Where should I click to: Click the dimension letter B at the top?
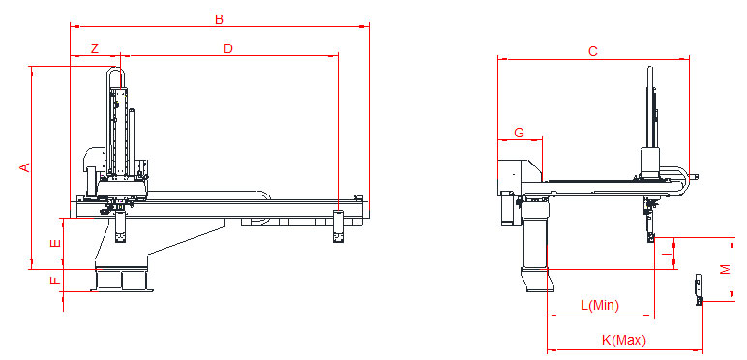[219, 18]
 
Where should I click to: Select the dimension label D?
[228, 48]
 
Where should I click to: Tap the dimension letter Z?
[94, 48]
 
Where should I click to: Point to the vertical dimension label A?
[25, 167]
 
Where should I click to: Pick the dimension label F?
[55, 282]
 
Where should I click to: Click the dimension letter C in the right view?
[592, 51]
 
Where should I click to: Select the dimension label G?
[519, 132]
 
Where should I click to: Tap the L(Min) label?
[600, 306]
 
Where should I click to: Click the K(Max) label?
[623, 340]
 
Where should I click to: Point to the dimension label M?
[725, 269]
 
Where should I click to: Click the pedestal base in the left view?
[124, 280]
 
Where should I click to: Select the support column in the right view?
[535, 247]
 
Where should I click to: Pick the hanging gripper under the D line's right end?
[338, 225]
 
